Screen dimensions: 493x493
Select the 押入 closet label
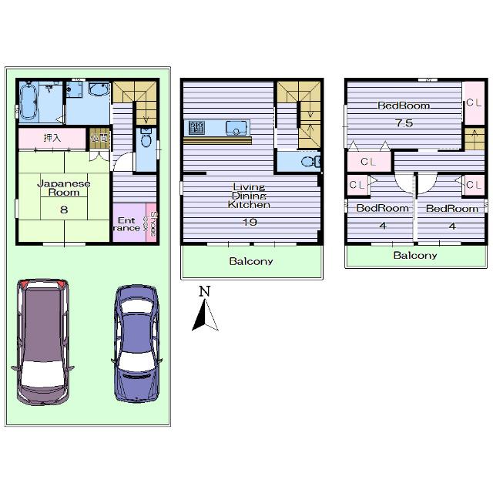click(52, 139)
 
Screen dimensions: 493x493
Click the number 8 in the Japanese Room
click(63, 209)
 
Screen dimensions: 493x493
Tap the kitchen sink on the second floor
click(235, 128)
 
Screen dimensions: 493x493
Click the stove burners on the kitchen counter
click(197, 128)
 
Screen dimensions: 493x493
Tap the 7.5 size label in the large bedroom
click(403, 123)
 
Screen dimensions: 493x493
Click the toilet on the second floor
click(309, 162)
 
